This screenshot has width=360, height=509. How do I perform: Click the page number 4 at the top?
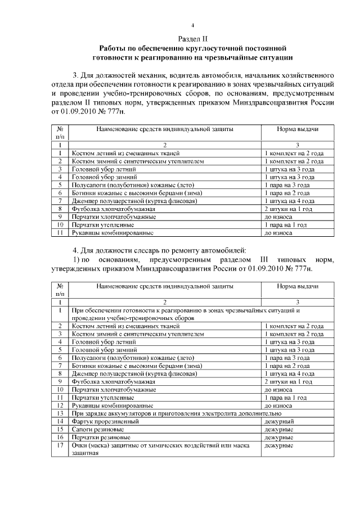tap(192, 25)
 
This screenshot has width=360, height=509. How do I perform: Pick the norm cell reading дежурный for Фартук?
tap(279, 421)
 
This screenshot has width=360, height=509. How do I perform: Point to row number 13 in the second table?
tap(60, 413)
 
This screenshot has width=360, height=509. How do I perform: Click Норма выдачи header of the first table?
tap(297, 129)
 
